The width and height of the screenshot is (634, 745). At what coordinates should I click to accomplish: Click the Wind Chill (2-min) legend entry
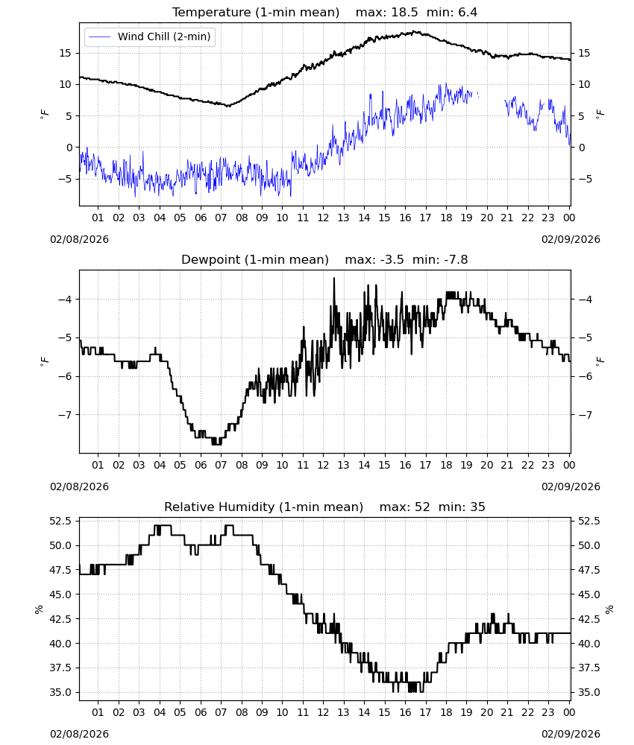tap(150, 37)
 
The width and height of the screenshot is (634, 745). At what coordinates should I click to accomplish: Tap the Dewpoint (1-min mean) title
tap(255, 260)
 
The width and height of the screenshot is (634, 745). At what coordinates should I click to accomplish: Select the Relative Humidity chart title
tap(263, 507)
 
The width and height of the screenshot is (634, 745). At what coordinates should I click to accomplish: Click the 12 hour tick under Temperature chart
tap(324, 218)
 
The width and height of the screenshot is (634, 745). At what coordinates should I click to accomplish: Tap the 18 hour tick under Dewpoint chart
tap(446, 465)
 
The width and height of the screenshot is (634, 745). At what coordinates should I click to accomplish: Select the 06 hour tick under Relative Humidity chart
tap(201, 712)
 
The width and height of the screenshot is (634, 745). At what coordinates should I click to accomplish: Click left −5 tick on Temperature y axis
tap(65, 179)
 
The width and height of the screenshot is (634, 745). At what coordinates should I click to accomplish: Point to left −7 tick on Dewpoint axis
tap(65, 415)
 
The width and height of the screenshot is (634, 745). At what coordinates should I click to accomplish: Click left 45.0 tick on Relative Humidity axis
tap(61, 595)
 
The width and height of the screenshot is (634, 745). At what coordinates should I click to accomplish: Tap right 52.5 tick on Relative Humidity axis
tap(589, 521)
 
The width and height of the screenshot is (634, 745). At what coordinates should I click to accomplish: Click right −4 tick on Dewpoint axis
tap(585, 299)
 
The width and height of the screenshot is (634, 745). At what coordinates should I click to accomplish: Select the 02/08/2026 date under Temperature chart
tap(79, 239)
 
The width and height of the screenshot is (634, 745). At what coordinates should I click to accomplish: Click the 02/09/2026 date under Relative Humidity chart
tap(571, 734)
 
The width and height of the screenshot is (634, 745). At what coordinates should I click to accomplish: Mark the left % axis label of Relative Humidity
tap(39, 609)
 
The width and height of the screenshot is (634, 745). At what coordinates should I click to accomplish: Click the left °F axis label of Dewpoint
tap(44, 361)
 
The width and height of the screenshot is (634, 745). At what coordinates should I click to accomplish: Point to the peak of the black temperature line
tap(415, 31)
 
